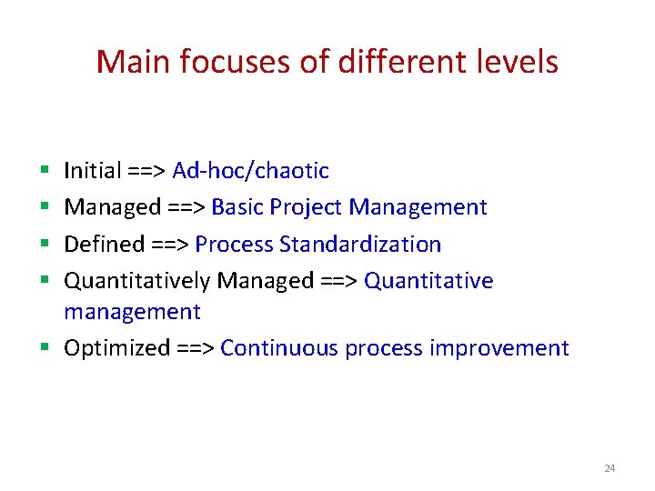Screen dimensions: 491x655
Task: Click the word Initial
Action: pyautogui.click(x=93, y=171)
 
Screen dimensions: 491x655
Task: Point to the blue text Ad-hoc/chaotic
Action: pyautogui.click(x=250, y=171)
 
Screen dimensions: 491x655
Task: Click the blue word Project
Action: pyautogui.click(x=305, y=207)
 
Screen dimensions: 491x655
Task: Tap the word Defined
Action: pyautogui.click(x=104, y=245)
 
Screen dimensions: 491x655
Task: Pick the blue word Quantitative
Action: pyautogui.click(x=428, y=281)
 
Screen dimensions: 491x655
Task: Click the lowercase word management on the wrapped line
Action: pyautogui.click(x=132, y=312)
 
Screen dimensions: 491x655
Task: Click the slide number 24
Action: pyautogui.click(x=610, y=468)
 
